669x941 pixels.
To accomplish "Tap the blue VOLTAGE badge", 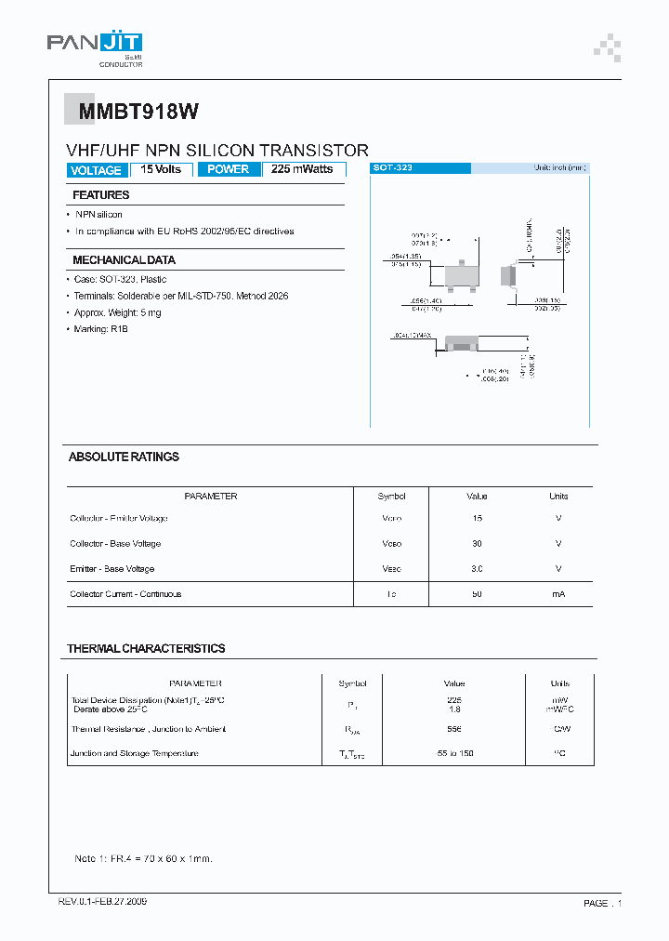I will [96, 170].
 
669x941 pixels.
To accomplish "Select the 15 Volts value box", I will [162, 169].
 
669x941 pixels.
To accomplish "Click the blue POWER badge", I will [229, 169].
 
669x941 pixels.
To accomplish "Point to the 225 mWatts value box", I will [304, 169].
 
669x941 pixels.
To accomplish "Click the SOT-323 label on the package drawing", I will [393, 168].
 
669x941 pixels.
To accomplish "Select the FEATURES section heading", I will [101, 195].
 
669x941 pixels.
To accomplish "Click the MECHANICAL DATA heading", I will [124, 260].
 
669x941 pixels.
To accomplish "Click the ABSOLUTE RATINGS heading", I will [124, 457].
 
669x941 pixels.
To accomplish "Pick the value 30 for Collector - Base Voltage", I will [477, 543].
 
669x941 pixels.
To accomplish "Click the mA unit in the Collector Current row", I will [558, 593].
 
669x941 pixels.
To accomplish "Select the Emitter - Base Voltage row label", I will [111, 568].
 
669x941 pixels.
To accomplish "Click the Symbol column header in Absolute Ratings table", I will [391, 496].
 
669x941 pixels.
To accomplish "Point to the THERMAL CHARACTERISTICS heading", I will [146, 648].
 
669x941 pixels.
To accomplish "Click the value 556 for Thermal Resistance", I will [454, 729].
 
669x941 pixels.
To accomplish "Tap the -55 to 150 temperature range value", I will [454, 753].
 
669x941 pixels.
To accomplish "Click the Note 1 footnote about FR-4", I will [150, 858].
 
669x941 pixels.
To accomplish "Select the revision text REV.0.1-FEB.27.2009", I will [102, 902].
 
